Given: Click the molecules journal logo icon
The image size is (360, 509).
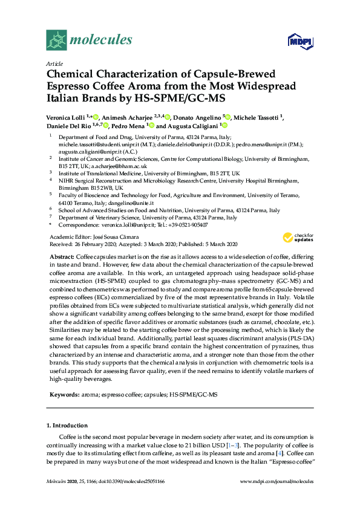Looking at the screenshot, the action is coord(57,41).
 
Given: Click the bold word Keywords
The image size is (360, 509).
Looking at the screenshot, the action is coord(63,395).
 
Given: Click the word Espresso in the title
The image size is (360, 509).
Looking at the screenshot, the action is coord(73,85).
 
